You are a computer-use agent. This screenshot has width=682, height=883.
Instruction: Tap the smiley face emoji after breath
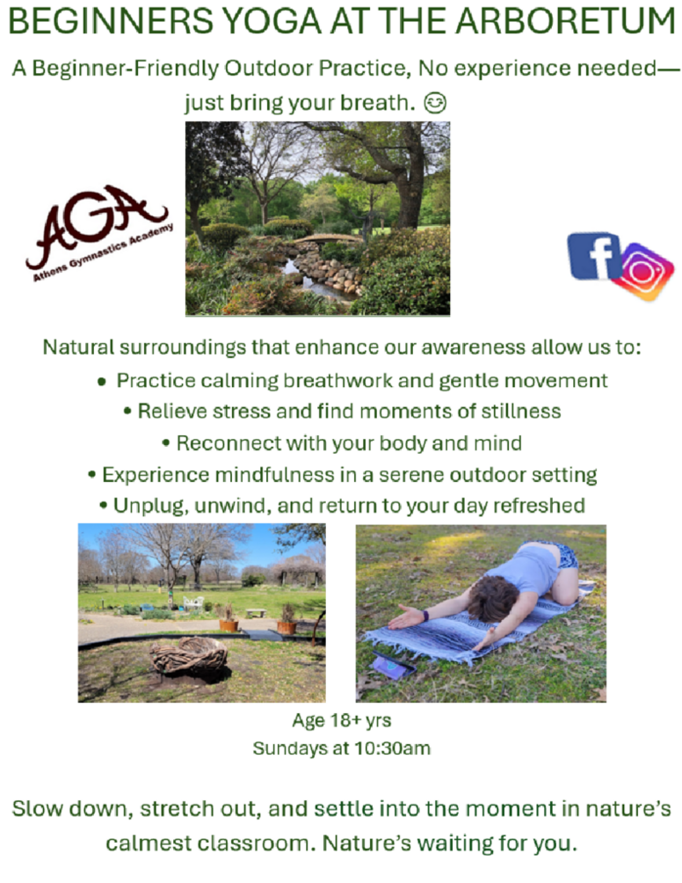tap(434, 103)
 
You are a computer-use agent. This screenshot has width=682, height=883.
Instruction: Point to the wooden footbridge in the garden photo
tap(328, 238)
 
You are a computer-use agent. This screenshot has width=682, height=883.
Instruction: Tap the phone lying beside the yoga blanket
tap(393, 664)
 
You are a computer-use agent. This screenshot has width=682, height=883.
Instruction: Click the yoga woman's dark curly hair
tap(492, 598)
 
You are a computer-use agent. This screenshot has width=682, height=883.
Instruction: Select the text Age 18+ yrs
tap(342, 720)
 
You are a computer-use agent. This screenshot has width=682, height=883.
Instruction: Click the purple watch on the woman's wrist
tap(424, 615)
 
